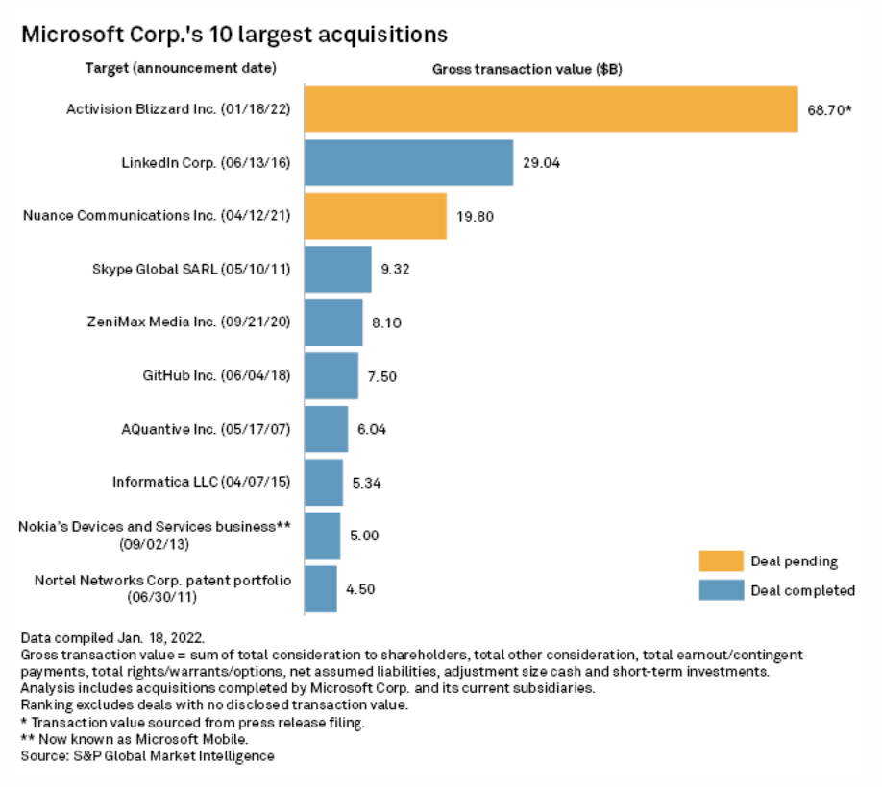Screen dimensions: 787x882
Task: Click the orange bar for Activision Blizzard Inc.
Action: tap(551, 109)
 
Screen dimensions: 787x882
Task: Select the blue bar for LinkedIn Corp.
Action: tap(408, 162)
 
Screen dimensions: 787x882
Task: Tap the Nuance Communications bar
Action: tap(376, 216)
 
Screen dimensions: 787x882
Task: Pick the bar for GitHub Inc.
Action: tap(331, 375)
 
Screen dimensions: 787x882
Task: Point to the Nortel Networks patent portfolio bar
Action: tap(321, 588)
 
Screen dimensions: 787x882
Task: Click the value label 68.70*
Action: tap(829, 110)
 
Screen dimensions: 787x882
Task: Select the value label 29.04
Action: tap(542, 163)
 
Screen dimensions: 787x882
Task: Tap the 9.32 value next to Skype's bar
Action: tap(396, 270)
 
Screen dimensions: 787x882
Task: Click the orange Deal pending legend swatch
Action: tap(721, 561)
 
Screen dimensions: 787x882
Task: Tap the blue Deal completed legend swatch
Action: tap(721, 590)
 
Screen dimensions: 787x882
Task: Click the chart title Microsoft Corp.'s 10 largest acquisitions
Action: tap(234, 35)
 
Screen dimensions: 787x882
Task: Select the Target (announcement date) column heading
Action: tap(181, 68)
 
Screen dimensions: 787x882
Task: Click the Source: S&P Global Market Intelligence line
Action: tap(147, 756)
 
